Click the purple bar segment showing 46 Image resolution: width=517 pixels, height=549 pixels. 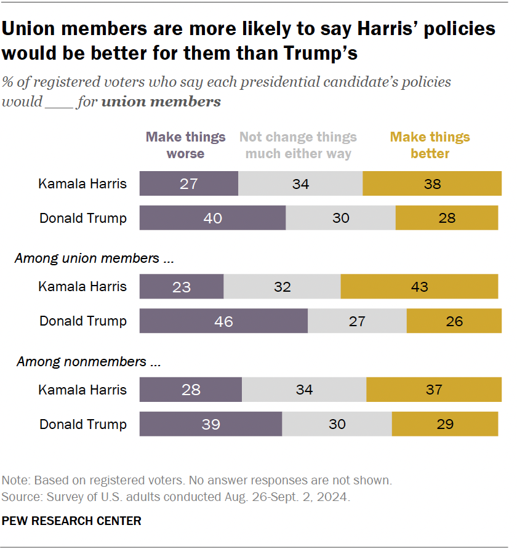pos(223,321)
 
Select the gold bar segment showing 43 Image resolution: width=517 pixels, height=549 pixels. pos(419,286)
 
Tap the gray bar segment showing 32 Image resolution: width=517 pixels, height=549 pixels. pos(282,286)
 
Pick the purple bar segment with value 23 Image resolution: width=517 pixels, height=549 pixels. pos(182,286)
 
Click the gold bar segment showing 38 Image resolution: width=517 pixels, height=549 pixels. pos(432,183)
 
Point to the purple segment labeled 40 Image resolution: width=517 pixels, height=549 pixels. pos(212,218)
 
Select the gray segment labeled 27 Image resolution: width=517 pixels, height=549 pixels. pos(357,321)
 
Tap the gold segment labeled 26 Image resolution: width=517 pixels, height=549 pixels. pos(454,321)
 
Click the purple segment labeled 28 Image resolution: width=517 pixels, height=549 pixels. pos(191,390)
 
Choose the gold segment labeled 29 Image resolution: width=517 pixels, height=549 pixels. pos(444,424)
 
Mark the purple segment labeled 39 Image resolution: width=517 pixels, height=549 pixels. pos(210,424)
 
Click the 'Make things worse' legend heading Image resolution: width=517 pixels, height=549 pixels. pos(186,145)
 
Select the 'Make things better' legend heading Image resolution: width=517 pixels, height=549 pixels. pos(430,145)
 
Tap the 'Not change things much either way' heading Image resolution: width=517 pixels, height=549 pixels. pos(299,145)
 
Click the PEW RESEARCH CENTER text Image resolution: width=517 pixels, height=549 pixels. pos(71,521)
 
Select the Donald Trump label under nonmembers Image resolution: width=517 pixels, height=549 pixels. pos(83,424)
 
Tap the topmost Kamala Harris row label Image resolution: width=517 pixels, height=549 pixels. pos(82,183)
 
